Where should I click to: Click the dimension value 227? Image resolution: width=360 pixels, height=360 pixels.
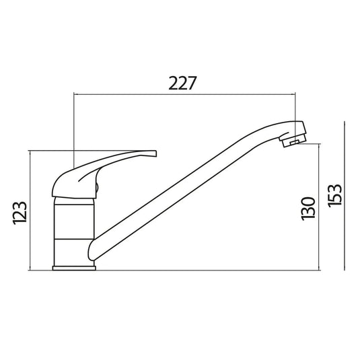coord(182,83)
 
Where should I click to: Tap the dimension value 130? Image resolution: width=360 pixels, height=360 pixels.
coord(308,209)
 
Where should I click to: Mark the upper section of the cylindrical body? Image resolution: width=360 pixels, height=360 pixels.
coord(74,219)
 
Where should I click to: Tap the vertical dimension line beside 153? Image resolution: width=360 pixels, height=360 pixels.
coord(345,196)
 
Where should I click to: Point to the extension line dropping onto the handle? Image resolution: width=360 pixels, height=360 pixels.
coord(72,128)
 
